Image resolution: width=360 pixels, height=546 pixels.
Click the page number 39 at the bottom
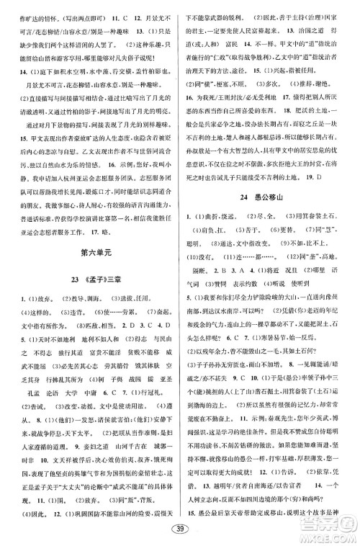click(x=180, y=531)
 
